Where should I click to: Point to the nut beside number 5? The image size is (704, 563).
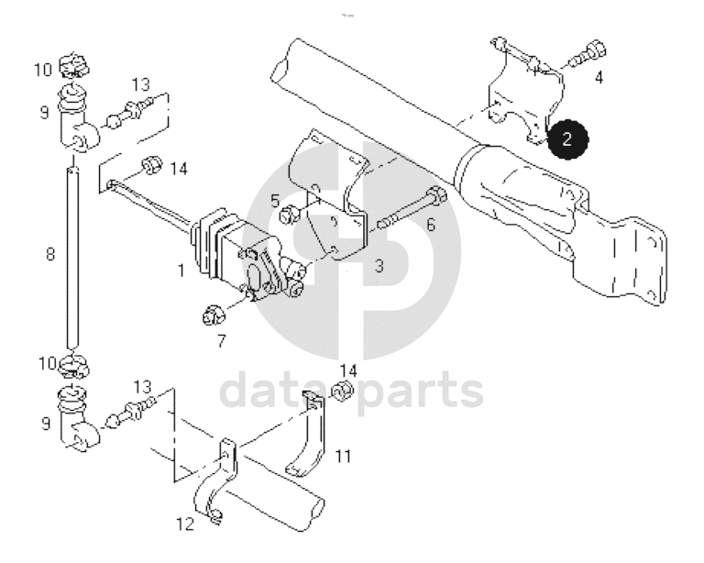click(x=287, y=215)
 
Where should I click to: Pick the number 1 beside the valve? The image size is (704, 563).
click(x=181, y=270)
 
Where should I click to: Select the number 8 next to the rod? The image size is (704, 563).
click(x=49, y=255)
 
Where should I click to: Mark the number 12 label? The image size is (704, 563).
click(x=185, y=525)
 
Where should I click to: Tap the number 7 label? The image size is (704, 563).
click(x=221, y=343)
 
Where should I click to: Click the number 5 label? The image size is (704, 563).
click(x=274, y=199)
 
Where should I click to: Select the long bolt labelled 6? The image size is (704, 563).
click(x=411, y=210)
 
